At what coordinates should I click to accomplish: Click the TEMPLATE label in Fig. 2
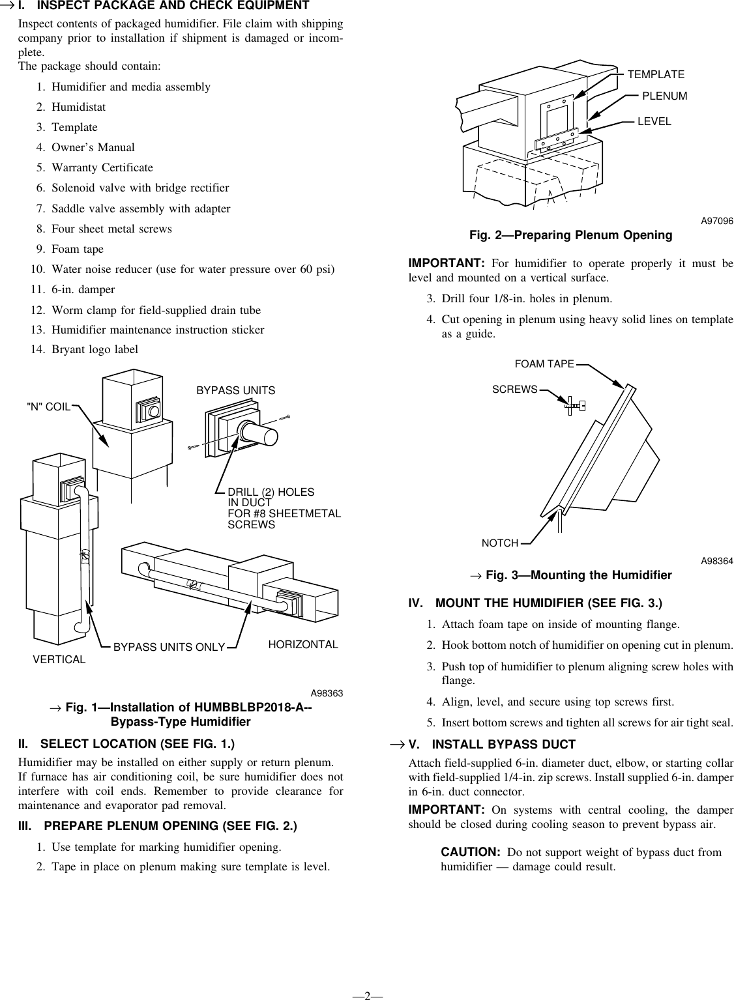(655, 74)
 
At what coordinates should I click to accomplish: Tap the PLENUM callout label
(664, 96)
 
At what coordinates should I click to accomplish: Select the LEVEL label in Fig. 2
(654, 121)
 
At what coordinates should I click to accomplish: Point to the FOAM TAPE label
(544, 364)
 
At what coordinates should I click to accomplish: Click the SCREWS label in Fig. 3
(514, 390)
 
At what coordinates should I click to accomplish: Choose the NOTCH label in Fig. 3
(499, 543)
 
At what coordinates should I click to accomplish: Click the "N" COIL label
(48, 407)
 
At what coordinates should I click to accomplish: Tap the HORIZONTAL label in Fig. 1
(303, 644)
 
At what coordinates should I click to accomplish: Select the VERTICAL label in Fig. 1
(59, 659)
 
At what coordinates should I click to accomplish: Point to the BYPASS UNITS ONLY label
(169, 647)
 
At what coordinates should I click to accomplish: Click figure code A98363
(327, 693)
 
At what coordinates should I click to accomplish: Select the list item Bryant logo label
(95, 349)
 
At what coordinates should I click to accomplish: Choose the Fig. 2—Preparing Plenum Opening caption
(570, 235)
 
